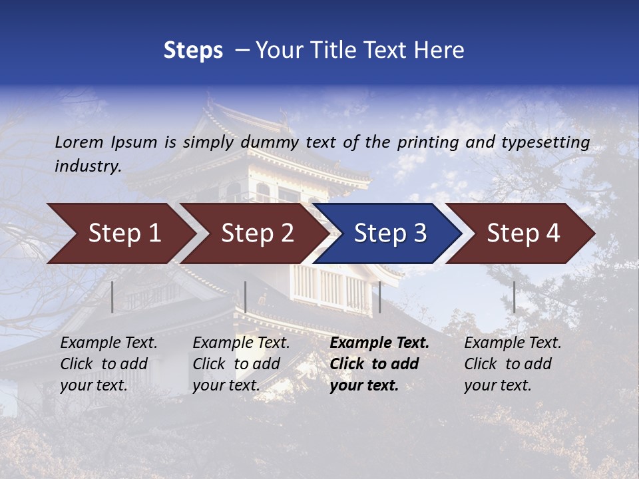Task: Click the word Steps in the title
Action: [193, 51]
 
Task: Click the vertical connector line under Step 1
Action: [112, 297]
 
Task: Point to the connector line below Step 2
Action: [246, 297]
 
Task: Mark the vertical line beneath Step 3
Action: [379, 297]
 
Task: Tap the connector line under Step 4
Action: [514, 297]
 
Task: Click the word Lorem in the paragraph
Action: [79, 142]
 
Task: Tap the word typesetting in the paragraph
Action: [545, 142]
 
